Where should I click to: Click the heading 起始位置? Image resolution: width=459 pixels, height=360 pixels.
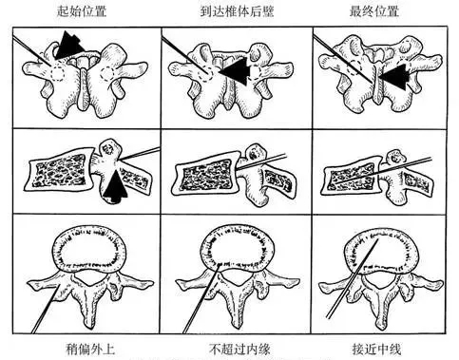click(82, 11)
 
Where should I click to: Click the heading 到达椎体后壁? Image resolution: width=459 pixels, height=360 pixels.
click(237, 11)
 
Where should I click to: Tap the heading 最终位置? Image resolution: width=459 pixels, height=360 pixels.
click(374, 11)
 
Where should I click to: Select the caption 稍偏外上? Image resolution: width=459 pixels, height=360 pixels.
click(90, 350)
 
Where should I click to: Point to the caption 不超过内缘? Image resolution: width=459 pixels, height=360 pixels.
click(239, 350)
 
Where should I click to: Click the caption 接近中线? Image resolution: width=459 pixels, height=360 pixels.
click(377, 350)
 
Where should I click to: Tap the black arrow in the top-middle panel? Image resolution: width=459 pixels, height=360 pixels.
click(233, 72)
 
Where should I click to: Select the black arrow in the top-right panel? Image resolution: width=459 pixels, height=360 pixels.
click(393, 76)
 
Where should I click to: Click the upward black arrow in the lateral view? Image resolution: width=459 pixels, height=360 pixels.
click(116, 186)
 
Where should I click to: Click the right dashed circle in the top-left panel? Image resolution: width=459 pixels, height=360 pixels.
click(106, 74)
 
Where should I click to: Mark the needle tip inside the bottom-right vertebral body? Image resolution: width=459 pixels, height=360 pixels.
click(378, 240)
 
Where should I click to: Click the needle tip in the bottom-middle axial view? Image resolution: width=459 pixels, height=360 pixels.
click(220, 265)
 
